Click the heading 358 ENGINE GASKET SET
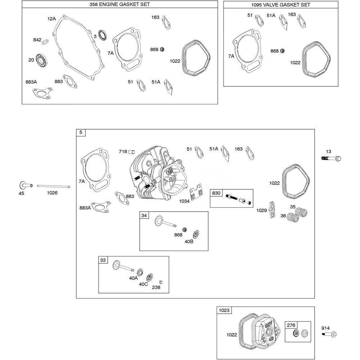point(120,5)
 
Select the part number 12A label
point(52,18)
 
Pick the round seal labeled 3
point(103,35)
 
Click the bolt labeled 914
point(330,334)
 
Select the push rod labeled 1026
point(53,186)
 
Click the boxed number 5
point(81,133)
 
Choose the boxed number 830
point(216,193)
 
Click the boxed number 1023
point(224,310)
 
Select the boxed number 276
point(291,325)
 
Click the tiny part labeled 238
point(161,282)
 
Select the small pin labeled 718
point(132,152)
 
